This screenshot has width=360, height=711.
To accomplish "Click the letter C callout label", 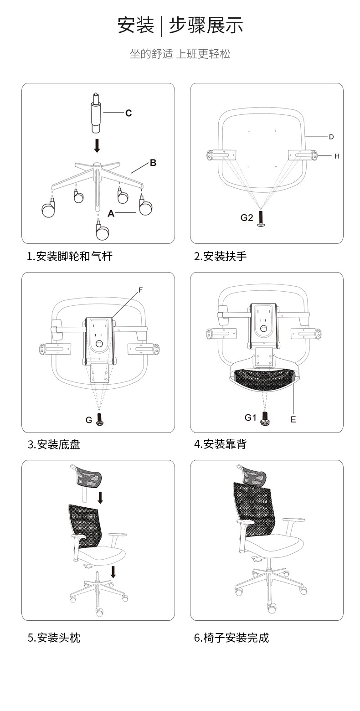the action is click(128, 113).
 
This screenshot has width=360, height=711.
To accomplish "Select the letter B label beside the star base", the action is click(153, 163).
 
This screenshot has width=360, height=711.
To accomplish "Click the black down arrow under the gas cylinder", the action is click(97, 146).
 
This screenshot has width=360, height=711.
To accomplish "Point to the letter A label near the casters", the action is click(111, 213).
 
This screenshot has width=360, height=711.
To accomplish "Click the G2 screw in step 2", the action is click(262, 220).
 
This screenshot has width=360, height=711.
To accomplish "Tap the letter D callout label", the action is click(331, 137).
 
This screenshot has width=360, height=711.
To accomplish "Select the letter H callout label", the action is click(337, 156).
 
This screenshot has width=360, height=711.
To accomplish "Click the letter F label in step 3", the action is click(141, 289).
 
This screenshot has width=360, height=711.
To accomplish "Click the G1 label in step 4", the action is click(250, 417).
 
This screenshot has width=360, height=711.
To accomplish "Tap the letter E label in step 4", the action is click(293, 420).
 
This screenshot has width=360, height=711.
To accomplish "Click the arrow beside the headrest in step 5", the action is click(100, 498).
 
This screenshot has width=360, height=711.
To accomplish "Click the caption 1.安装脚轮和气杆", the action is click(70, 256).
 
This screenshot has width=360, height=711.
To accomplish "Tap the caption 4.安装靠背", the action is click(220, 444).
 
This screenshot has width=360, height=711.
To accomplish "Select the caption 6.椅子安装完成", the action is click(231, 638).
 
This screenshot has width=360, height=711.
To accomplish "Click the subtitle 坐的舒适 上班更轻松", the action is click(180, 54).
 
